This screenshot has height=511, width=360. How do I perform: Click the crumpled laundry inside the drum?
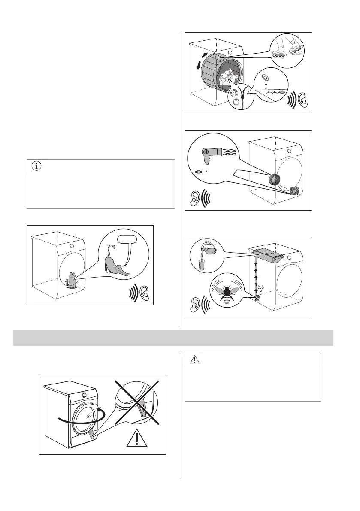[x=228, y=79]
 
